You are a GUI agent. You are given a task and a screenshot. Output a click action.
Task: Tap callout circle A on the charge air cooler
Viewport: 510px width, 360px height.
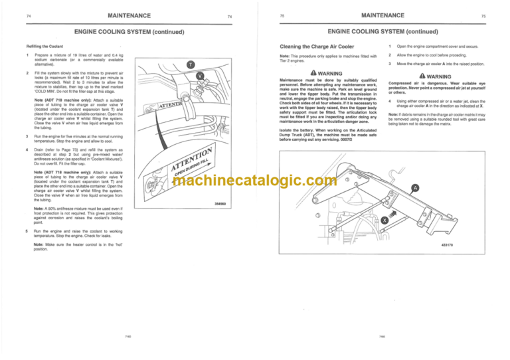(416, 187)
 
